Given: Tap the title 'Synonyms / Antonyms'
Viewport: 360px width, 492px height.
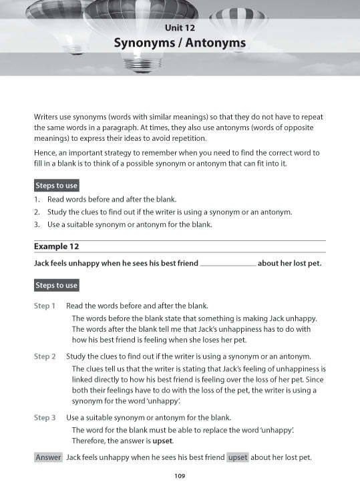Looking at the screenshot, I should tap(180, 43).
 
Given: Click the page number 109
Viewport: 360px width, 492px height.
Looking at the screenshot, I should tap(179, 476).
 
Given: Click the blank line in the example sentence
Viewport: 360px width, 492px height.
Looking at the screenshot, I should tap(228, 264).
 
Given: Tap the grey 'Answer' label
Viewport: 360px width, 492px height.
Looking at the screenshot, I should tap(48, 457).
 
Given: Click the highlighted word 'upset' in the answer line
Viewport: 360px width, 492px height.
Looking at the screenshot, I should tap(237, 457).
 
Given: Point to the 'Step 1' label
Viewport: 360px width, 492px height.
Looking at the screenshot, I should tap(45, 306).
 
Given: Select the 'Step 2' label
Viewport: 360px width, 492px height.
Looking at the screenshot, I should tap(45, 356).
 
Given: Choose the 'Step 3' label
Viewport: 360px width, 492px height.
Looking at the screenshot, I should tap(45, 417).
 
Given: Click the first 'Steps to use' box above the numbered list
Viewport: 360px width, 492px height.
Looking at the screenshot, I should tap(57, 185).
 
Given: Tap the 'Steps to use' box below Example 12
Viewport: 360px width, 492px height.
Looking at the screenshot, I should tap(57, 285).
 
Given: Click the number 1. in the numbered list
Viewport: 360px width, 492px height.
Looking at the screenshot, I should tap(37, 200).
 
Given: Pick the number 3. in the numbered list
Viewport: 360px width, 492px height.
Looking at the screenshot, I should tap(37, 224).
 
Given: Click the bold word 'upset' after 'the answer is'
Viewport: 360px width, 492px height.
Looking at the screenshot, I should tap(162, 441).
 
